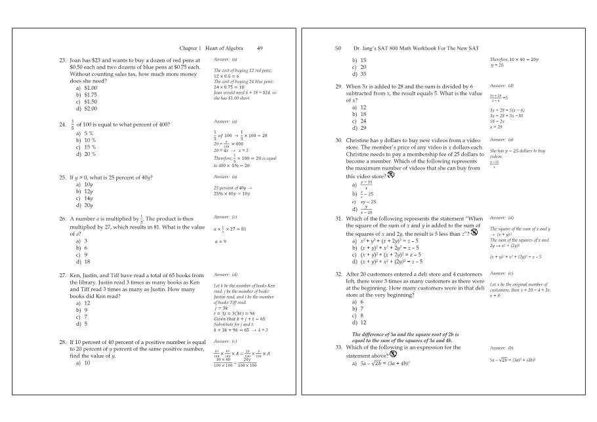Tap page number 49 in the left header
coord(260,48)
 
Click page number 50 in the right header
coord(339,48)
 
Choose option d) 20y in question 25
coord(85,205)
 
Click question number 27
coord(63,275)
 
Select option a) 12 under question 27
coord(83,303)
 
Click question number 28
coord(63,342)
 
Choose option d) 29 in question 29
coord(360,128)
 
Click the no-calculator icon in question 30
coord(391,174)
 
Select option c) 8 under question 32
coord(358,315)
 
